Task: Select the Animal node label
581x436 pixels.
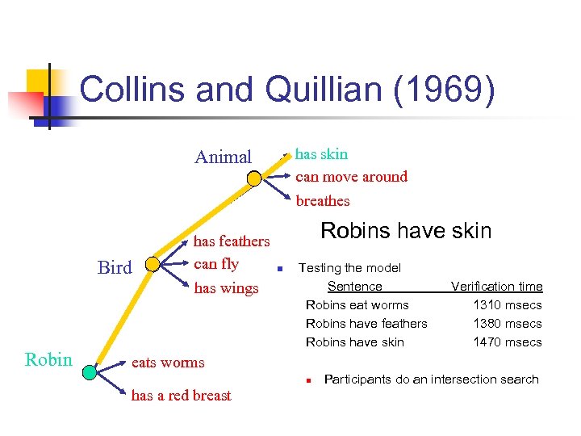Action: tap(223, 157)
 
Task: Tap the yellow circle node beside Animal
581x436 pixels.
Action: tap(254, 178)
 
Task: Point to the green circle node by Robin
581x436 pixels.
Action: tap(89, 371)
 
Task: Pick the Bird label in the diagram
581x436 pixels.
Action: tap(114, 268)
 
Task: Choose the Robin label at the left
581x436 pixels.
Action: tap(48, 360)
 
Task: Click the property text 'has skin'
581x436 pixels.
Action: tap(322, 153)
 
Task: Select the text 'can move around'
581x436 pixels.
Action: tap(351, 177)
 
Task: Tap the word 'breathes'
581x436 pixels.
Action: tap(323, 200)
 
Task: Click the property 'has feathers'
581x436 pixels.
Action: tap(232, 241)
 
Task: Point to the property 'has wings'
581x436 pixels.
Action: tap(226, 287)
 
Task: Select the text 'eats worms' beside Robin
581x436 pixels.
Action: tap(168, 363)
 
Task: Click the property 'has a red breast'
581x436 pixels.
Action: tap(181, 396)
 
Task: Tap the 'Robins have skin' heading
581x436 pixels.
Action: tap(406, 231)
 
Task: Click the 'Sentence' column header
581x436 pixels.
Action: tap(354, 287)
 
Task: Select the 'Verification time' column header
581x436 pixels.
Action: tap(496, 287)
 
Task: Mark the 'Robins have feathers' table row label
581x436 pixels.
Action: tap(366, 324)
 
